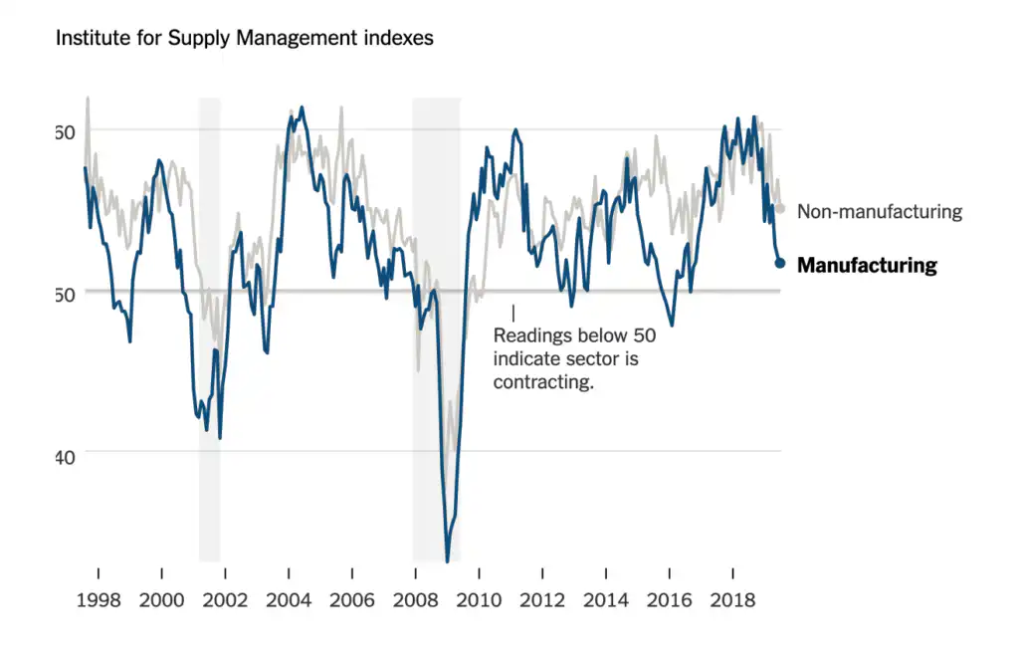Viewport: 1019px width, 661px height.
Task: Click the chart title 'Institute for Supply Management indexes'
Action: [x=244, y=39]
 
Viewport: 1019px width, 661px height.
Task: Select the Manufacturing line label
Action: [x=867, y=265]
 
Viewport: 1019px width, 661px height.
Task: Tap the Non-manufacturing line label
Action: [x=880, y=211]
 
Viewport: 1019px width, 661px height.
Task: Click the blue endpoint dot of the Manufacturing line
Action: [x=780, y=263]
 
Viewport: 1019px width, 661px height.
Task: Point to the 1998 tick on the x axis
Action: [x=98, y=600]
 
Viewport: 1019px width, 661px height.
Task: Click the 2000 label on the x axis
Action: [x=161, y=600]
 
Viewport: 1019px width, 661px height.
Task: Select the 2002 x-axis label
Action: [x=225, y=600]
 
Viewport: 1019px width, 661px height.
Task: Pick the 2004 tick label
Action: [x=289, y=600]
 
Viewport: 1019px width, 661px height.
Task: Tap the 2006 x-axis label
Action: [x=351, y=600]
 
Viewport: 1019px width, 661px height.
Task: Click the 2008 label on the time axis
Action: [x=415, y=600]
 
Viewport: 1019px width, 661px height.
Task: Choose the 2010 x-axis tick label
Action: [x=479, y=600]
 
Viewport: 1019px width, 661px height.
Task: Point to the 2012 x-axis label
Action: [x=542, y=600]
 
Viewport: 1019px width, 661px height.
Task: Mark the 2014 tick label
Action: [x=606, y=600]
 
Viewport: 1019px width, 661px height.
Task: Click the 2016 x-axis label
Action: [x=670, y=600]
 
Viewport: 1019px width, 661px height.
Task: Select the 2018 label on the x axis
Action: [x=733, y=600]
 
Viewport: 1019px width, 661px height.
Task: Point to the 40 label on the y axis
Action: [x=66, y=457]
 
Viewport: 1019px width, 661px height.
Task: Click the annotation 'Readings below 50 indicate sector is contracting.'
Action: [x=574, y=358]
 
